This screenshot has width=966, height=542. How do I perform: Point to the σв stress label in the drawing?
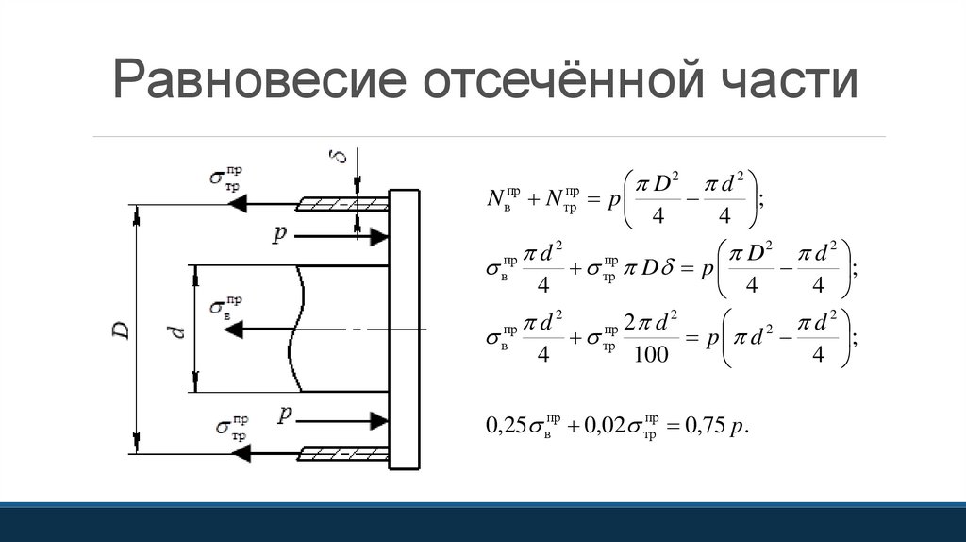coord(226,308)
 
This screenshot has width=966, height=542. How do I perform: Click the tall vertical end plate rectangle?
coord(404,329)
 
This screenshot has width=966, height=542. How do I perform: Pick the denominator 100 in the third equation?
coord(651,354)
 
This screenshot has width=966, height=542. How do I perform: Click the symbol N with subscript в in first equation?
coord(498,199)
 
